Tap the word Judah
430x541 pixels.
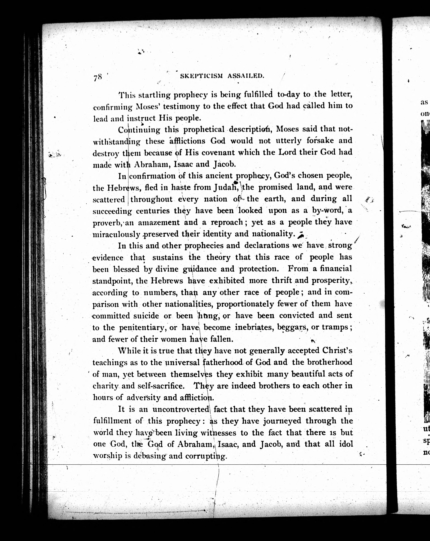227,187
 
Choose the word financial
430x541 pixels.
336,269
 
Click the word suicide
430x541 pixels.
146,316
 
